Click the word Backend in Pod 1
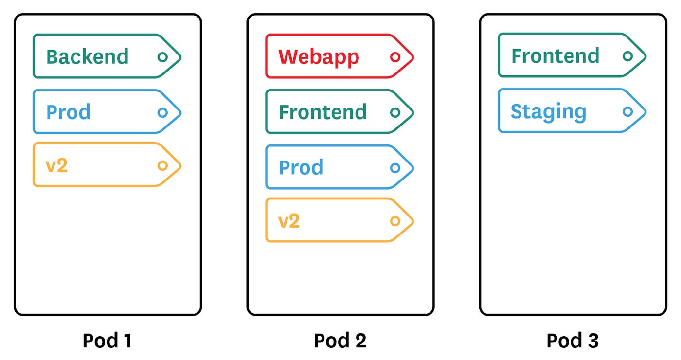click(x=88, y=57)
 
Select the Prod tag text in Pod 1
click(x=68, y=112)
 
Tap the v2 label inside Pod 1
click(x=56, y=166)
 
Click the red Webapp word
click(x=319, y=57)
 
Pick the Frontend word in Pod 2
click(x=323, y=112)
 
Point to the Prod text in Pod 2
click(x=301, y=168)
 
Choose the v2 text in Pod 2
click(x=289, y=221)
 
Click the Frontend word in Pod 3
click(x=555, y=56)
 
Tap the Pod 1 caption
click(x=107, y=341)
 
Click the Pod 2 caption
click(x=340, y=341)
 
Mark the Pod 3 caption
click(x=573, y=341)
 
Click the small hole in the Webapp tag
click(x=395, y=57)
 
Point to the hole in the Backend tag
click(x=162, y=57)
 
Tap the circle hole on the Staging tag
click(x=627, y=111)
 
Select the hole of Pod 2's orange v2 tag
click(x=395, y=221)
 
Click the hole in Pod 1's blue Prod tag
click(x=162, y=112)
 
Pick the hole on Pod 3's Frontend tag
click(x=627, y=56)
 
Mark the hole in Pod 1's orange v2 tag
click(x=162, y=166)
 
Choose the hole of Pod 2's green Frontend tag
click(x=395, y=112)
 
